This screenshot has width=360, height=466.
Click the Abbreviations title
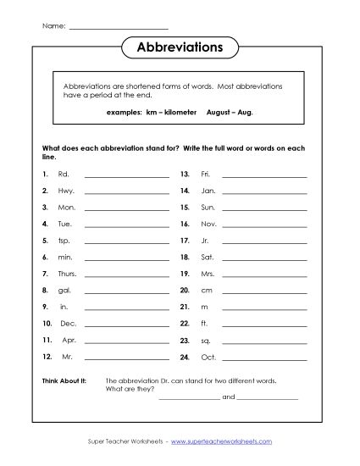coord(180,48)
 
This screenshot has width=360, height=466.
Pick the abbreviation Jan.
coord(208,191)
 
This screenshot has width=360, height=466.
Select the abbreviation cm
coord(206,290)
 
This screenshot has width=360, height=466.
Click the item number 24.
coord(185,356)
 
